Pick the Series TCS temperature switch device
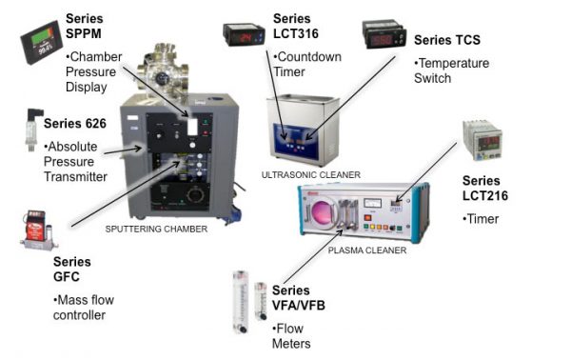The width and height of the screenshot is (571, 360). tap(384, 36)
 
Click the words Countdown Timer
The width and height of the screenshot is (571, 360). tap(305, 63)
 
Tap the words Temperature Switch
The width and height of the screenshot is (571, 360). tap(452, 70)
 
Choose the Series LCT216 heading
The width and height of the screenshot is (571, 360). tap(486, 188)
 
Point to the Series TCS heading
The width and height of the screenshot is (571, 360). tap(447, 40)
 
